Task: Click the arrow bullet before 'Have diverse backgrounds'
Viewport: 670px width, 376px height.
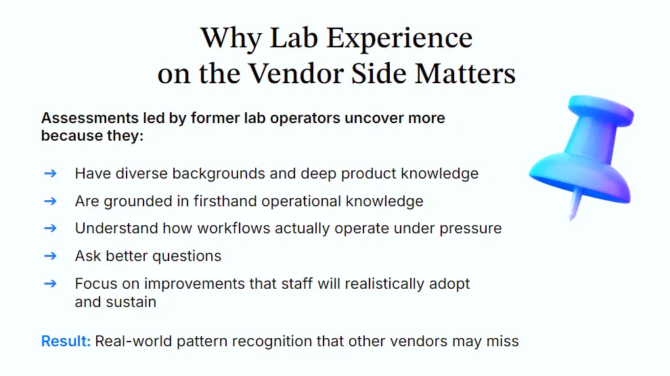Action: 50,173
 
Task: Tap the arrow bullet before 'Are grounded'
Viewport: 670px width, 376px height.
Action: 50,201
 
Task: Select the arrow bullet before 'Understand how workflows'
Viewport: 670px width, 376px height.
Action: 50,228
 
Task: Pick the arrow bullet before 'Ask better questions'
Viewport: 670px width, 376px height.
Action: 50,256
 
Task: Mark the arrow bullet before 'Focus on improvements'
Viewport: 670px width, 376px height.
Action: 50,283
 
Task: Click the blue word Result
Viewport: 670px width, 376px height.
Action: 66,341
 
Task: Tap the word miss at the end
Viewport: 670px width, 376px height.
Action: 504,341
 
